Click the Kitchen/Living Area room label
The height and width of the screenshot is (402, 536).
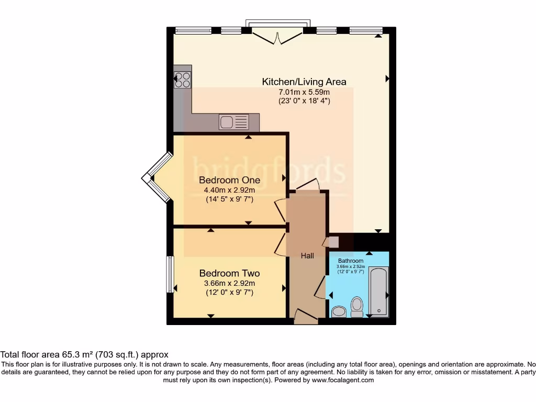[304, 82]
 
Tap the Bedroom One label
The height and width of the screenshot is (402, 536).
[229, 180]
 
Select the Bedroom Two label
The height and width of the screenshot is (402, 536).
[229, 273]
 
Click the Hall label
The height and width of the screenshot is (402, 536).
[307, 255]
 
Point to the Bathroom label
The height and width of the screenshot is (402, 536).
[350, 261]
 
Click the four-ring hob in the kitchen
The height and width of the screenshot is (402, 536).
[183, 80]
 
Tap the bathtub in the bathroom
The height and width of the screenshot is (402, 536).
[378, 292]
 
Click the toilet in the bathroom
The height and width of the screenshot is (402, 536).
[357, 306]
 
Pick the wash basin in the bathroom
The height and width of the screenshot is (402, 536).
[339, 312]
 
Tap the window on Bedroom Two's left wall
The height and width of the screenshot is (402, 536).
[170, 274]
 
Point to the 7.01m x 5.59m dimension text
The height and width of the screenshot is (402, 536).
[304, 92]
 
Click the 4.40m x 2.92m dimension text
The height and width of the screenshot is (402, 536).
[229, 190]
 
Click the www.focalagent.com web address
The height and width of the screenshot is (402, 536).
[343, 380]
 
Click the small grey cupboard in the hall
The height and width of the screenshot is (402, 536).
[333, 242]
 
